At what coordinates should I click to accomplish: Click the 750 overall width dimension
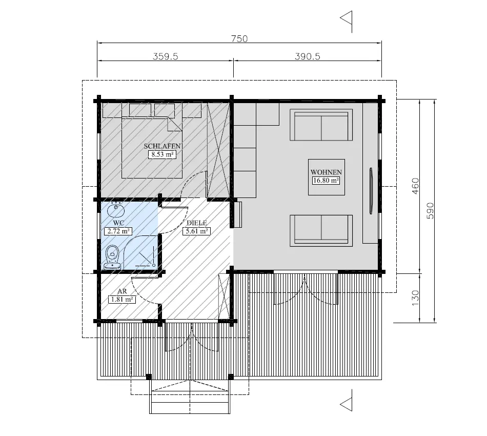pos(239,39)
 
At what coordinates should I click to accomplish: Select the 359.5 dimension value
pos(165,57)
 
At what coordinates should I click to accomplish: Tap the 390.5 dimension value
pos(308,57)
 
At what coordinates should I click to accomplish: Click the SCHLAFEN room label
pos(162,146)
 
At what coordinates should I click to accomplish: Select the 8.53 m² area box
pos(162,154)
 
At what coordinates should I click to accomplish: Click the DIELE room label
pos(196,223)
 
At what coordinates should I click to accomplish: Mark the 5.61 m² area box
pos(196,231)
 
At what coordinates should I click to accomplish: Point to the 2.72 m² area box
pos(117,231)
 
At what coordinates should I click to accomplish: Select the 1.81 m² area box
pos(122,299)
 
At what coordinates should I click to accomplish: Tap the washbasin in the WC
pos(115,211)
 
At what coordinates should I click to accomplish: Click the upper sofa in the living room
pos(321,125)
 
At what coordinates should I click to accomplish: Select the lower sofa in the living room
pos(321,230)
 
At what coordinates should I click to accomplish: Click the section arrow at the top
pos(347,19)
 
